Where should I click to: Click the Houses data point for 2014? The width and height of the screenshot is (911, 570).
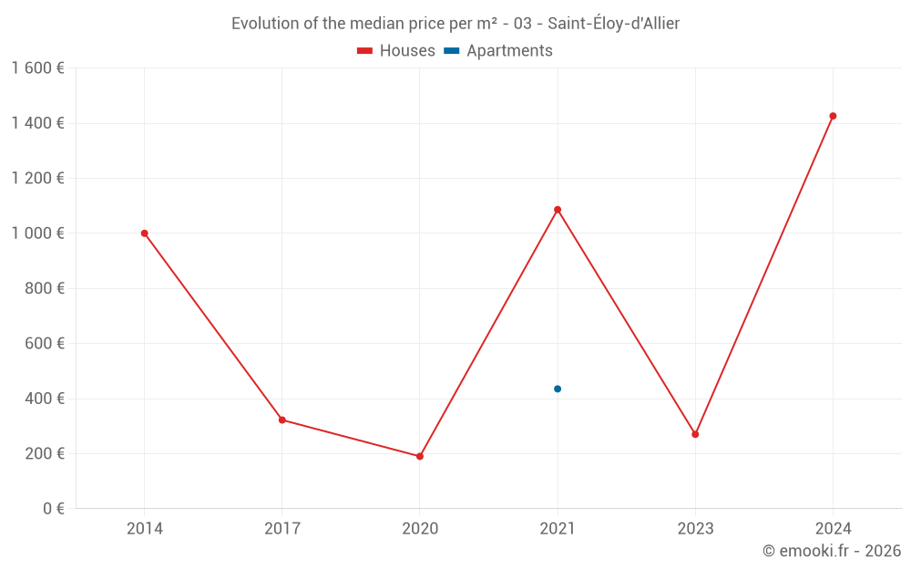(x=144, y=233)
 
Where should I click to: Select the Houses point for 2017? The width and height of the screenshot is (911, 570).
(x=282, y=420)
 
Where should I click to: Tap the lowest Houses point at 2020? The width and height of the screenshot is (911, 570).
(x=420, y=456)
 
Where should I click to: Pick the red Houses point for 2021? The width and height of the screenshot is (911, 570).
(x=558, y=210)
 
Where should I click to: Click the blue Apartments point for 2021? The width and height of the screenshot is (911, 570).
(x=558, y=389)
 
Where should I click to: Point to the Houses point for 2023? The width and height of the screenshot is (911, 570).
(x=695, y=434)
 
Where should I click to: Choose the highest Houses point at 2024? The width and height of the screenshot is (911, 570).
(x=833, y=116)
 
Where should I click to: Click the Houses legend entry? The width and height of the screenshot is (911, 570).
(x=396, y=51)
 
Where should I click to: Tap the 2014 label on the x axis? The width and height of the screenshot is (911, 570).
(x=144, y=528)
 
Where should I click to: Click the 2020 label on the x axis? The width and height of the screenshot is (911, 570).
(x=420, y=528)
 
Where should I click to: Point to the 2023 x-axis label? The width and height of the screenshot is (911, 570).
(x=695, y=528)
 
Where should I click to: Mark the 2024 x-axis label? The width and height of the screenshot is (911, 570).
(x=833, y=528)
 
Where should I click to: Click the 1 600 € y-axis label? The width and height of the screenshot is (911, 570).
(x=37, y=68)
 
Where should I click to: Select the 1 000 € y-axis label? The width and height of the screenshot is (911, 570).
(x=37, y=233)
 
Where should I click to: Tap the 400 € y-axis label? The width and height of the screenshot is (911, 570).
(x=46, y=399)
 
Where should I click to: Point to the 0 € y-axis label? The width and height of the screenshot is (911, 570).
(x=54, y=509)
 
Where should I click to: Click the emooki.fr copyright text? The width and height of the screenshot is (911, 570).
(x=831, y=551)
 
